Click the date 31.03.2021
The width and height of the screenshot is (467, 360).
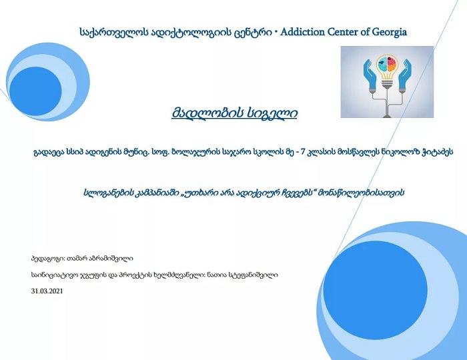tap(47, 291)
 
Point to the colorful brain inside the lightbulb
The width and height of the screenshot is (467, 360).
tap(387, 64)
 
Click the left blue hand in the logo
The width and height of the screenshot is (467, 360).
tap(370, 75)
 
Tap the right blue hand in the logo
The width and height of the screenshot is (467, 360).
tap(405, 75)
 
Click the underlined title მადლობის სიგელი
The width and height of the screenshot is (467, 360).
tap(234, 113)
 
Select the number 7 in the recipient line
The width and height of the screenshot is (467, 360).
tap(304, 152)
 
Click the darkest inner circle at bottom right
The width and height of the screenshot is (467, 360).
tap(375, 290)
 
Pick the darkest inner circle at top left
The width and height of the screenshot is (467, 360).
tap(35, 91)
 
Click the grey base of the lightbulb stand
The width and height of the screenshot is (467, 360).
tap(386, 115)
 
